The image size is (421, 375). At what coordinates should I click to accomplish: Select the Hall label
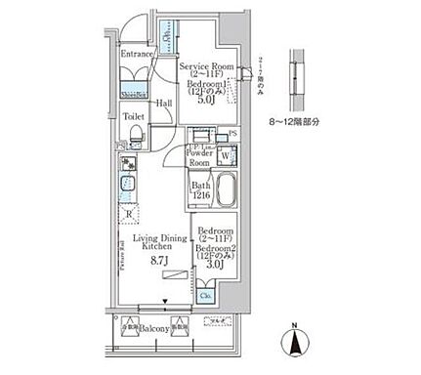pos(164,103)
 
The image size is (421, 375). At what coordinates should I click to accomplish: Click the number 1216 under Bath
pos(200,195)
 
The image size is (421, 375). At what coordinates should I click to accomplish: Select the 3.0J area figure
pos(217,262)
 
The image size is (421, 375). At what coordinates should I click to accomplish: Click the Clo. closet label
pos(206,294)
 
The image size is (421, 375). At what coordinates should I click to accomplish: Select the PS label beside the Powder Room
pos(232,136)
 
